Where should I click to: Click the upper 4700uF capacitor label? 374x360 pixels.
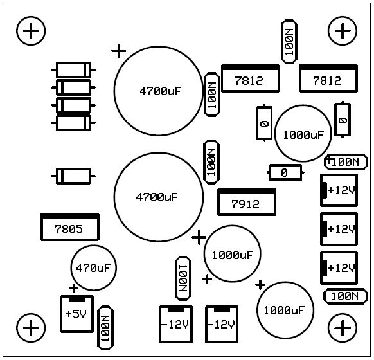[x=161, y=91]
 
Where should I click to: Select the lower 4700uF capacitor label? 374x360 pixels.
[x=157, y=197]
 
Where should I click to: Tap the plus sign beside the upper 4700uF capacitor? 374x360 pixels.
[x=118, y=51]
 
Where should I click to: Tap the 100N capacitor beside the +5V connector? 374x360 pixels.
[x=105, y=328]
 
